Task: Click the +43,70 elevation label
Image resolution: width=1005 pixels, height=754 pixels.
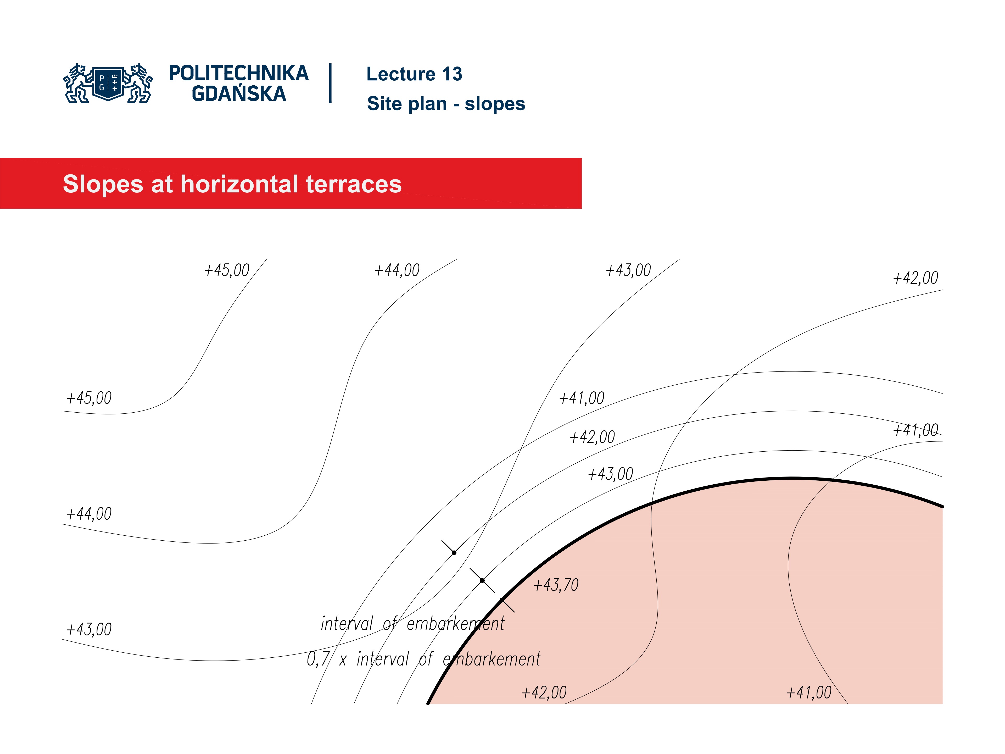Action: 556,585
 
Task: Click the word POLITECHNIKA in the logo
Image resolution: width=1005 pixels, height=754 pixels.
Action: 238,74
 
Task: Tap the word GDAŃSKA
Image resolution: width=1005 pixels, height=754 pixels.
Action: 238,94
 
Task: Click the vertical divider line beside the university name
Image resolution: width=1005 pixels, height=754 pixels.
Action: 330,83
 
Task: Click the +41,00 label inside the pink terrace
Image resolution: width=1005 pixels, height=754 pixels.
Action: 809,693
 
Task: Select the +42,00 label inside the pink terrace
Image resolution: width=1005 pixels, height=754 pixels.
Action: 544,693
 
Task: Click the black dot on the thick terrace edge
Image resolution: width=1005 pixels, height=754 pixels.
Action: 502,600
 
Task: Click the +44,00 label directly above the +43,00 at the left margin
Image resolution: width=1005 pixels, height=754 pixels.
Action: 89,514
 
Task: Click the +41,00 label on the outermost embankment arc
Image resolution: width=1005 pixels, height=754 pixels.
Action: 582,398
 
